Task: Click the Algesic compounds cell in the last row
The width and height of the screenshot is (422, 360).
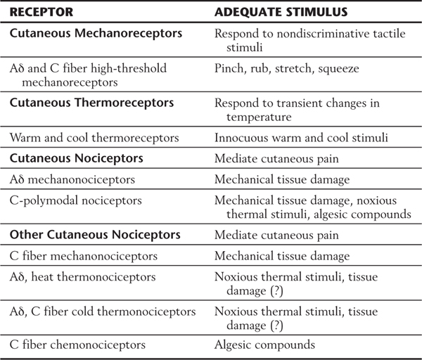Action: point(264,345)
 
